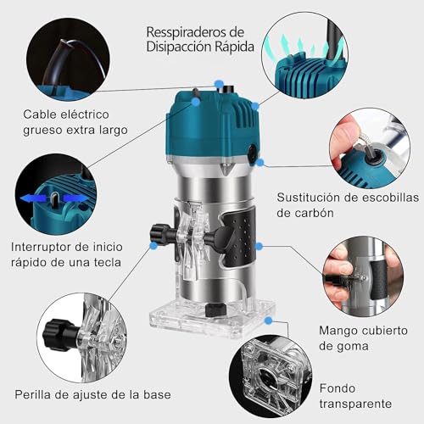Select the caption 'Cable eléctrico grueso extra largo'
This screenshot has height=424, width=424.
[x=75, y=122]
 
